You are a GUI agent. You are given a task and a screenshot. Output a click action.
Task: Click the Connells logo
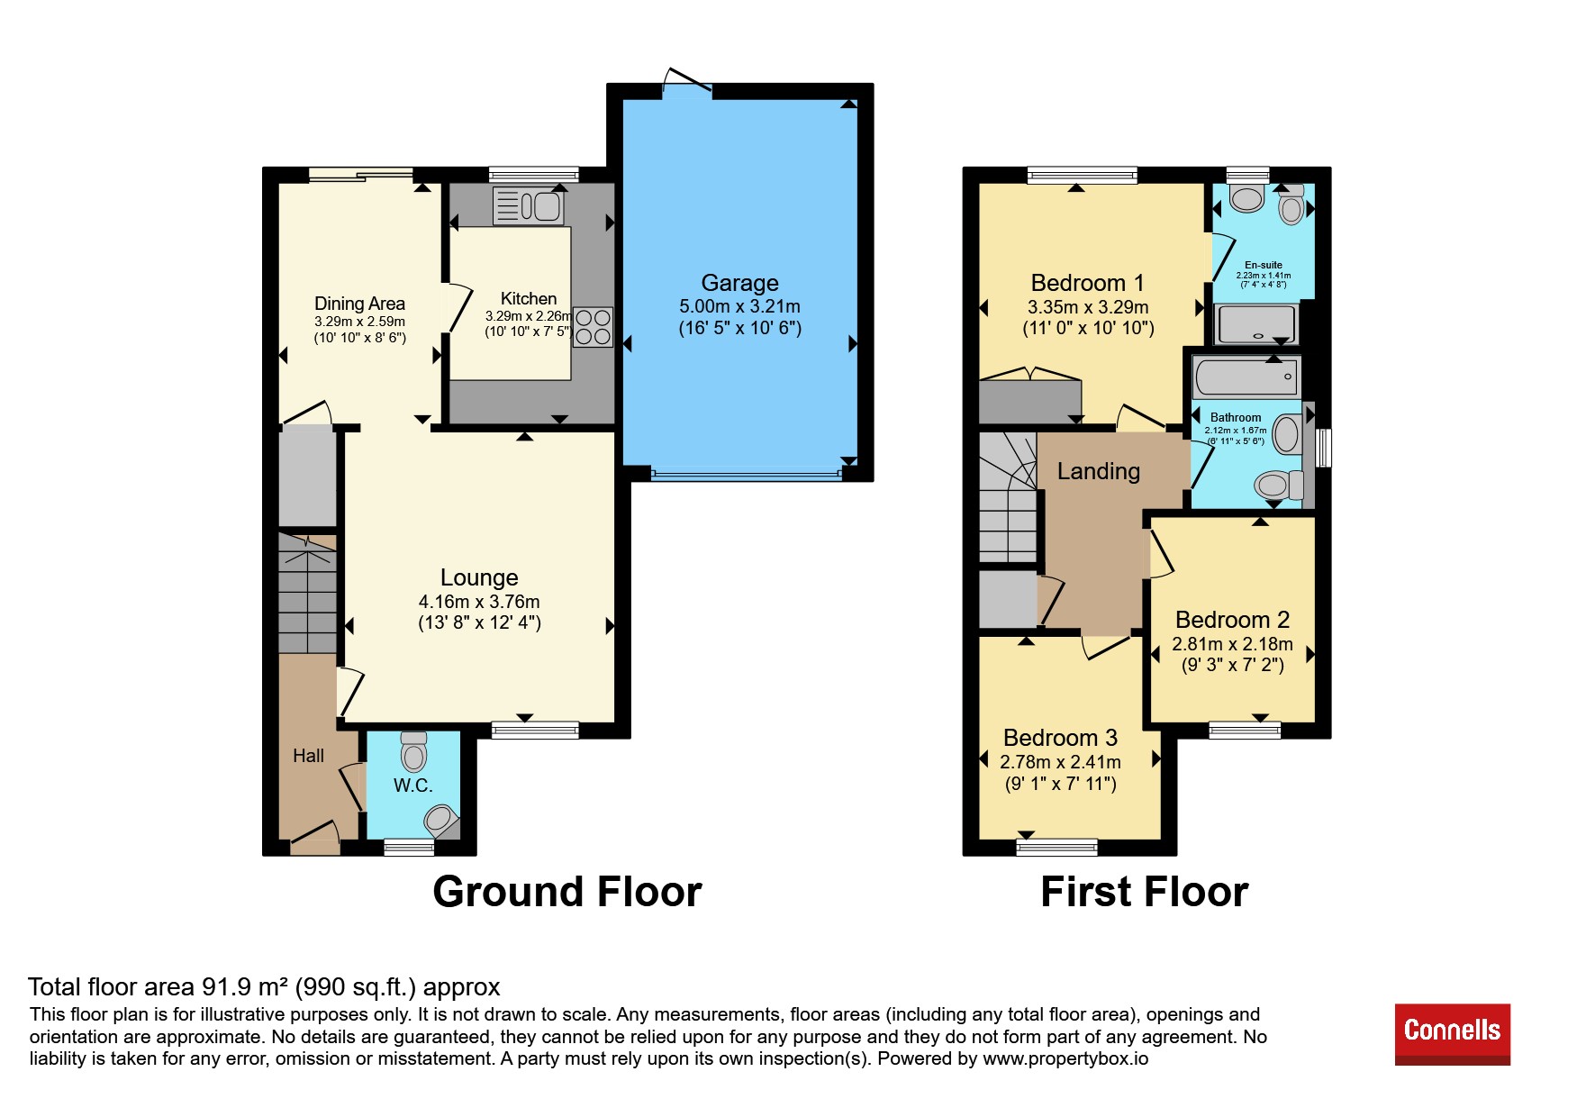pyautogui.click(x=1452, y=1034)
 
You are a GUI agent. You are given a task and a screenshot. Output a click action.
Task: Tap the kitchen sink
pyautogui.click(x=529, y=207)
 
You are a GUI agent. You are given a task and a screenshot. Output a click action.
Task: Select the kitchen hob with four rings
pyautogui.click(x=593, y=327)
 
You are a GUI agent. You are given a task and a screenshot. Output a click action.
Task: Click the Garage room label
pyautogui.click(x=740, y=283)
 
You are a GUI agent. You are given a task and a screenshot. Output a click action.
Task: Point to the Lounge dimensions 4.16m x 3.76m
pyautogui.click(x=479, y=602)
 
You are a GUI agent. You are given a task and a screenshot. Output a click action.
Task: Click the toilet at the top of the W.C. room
pyautogui.click(x=413, y=751)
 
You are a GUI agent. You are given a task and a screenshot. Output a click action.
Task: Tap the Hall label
pyautogui.click(x=308, y=756)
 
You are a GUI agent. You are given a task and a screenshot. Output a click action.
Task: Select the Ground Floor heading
pyautogui.click(x=567, y=892)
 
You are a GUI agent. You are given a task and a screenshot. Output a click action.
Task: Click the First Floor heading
pyautogui.click(x=1145, y=892)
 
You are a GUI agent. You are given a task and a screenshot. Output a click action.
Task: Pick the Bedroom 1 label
pyautogui.click(x=1088, y=283)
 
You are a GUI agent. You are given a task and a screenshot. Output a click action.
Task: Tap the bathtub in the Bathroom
pyautogui.click(x=1246, y=376)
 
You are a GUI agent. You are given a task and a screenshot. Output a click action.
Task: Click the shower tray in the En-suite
pyautogui.click(x=1256, y=324)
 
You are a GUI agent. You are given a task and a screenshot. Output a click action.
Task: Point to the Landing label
pyautogui.click(x=1099, y=471)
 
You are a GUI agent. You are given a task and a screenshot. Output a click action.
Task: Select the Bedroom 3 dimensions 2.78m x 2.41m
pyautogui.click(x=1061, y=762)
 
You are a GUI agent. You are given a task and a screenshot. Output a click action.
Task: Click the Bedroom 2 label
pyautogui.click(x=1233, y=620)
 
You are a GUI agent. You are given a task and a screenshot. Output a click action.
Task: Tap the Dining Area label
pyautogui.click(x=359, y=304)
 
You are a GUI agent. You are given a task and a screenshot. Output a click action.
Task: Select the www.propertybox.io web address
pyautogui.click(x=1065, y=1058)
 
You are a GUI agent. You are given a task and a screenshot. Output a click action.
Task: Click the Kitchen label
pyautogui.click(x=529, y=298)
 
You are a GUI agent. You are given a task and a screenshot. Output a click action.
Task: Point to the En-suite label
pyautogui.click(x=1264, y=265)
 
